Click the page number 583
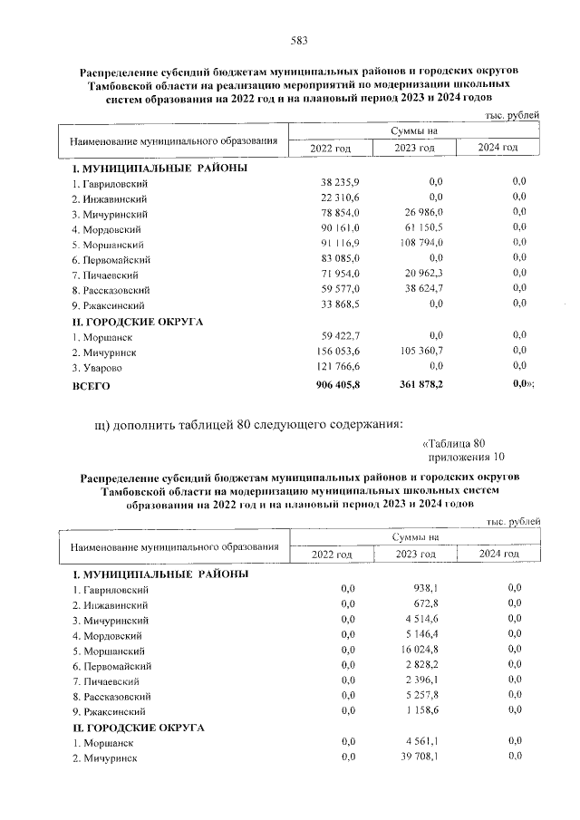point(298,39)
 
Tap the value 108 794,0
point(418,244)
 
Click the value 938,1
point(425,588)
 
